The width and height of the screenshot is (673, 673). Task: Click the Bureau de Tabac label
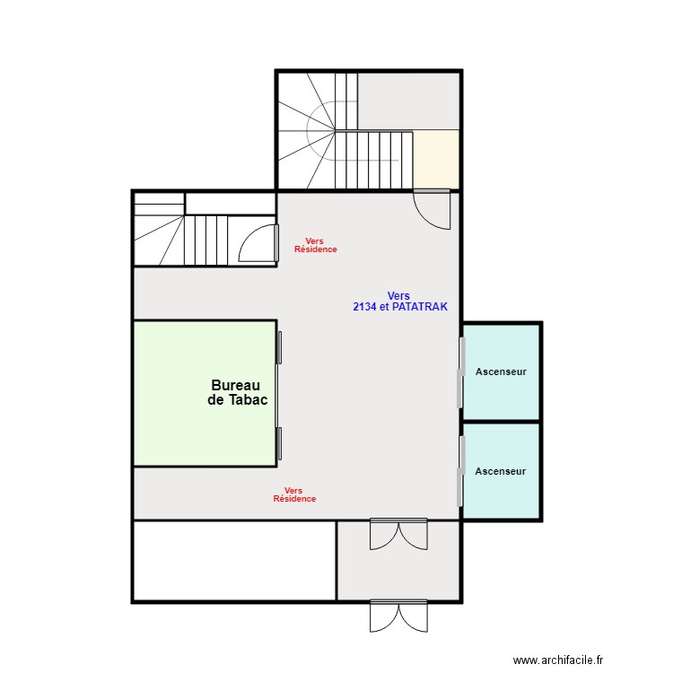238,392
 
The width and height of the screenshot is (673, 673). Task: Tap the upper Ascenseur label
501,371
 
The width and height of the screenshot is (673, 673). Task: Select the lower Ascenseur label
501,471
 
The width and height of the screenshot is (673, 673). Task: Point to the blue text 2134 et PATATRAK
400,307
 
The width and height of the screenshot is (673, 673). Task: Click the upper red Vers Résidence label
316,245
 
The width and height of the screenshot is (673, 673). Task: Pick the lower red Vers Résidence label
294,494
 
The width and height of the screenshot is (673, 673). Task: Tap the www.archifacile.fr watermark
558,660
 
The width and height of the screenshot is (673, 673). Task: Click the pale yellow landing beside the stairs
435,159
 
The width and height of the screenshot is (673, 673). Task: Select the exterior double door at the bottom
398,616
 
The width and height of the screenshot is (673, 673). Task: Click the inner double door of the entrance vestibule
398,534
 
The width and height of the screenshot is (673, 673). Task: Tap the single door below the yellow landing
432,209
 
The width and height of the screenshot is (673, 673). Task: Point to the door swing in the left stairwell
258,242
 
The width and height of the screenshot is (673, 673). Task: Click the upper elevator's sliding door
461,372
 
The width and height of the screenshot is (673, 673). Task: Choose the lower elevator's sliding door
461,471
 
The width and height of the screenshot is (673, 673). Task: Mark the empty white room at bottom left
235,561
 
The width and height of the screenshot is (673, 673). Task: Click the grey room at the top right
408,101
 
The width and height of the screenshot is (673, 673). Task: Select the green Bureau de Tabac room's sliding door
278,396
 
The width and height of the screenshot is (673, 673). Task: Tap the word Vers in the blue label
398,296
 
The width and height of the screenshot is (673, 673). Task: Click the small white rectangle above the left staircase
230,204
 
